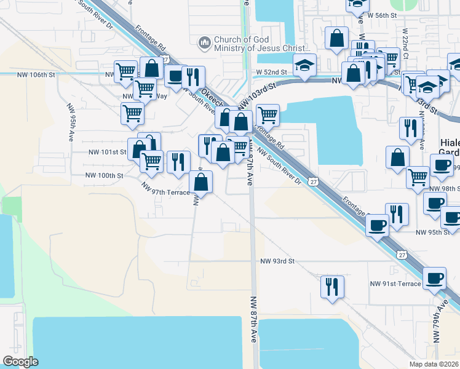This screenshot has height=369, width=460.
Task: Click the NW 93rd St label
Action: click(x=278, y=261)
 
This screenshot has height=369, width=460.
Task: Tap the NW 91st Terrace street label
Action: click(x=395, y=284)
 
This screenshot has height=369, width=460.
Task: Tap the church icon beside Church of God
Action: click(x=204, y=44)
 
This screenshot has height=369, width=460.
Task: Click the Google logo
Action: click(x=20, y=362)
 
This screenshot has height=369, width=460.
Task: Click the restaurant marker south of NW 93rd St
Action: click(x=332, y=286)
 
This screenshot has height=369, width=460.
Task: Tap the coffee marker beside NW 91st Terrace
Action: click(x=435, y=277)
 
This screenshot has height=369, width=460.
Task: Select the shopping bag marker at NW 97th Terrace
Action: click(x=200, y=181)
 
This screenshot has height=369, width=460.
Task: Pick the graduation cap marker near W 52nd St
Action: click(x=304, y=65)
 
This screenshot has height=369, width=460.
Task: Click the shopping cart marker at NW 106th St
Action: click(x=126, y=71)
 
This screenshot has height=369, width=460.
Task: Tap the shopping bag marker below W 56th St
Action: click(x=337, y=38)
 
